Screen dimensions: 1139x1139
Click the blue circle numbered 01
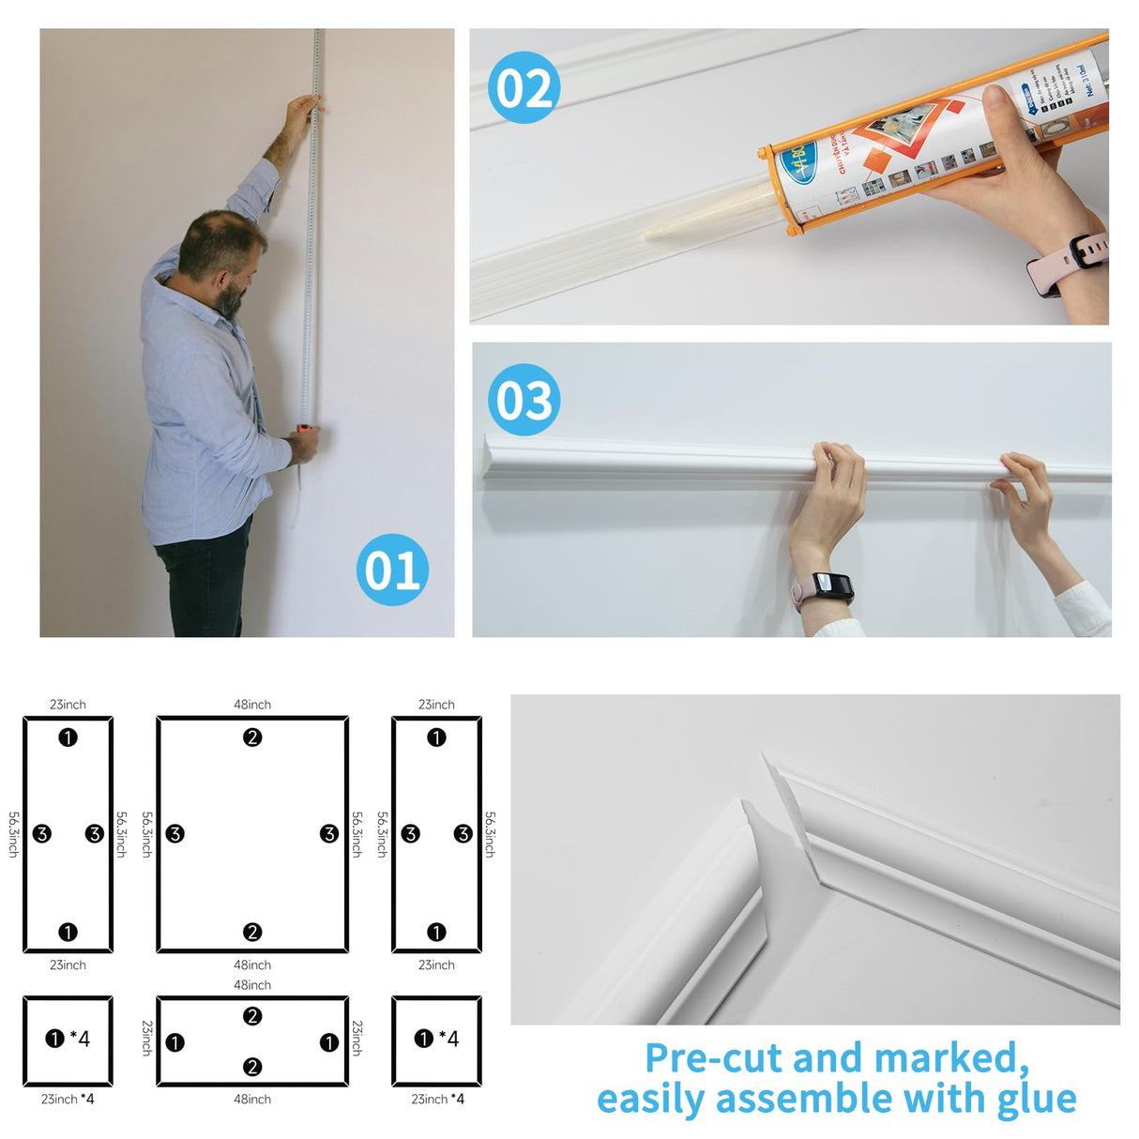[392, 569]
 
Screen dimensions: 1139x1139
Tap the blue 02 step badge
[524, 88]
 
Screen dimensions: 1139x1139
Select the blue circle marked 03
[524, 400]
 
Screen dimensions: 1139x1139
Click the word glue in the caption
[1037, 1099]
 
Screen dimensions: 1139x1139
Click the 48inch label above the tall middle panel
[252, 705]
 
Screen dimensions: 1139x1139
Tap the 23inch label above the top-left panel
[68, 705]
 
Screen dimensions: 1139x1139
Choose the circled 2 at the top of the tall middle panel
[252, 737]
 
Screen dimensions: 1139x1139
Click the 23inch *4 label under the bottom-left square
[68, 1099]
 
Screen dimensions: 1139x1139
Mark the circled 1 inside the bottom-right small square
[424, 1038]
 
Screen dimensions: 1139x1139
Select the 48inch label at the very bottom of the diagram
[252, 1099]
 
